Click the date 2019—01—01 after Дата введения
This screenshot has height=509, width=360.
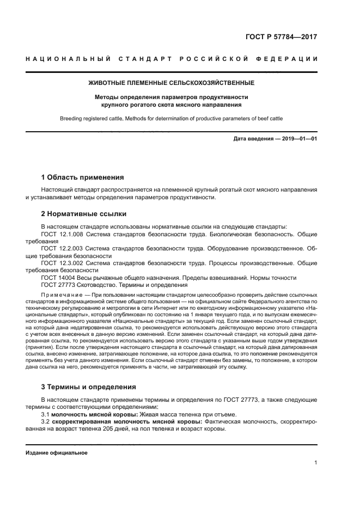pyautogui.click(x=298, y=140)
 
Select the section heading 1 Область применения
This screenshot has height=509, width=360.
pyautogui.click(x=82, y=177)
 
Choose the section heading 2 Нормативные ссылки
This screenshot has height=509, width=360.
pyautogui.click(x=83, y=214)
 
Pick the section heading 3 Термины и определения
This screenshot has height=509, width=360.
pyautogui.click(x=89, y=387)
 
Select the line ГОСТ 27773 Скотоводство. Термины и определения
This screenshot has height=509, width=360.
pyautogui.click(x=114, y=285)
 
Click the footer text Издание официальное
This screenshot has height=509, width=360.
pyautogui.click(x=56, y=453)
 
